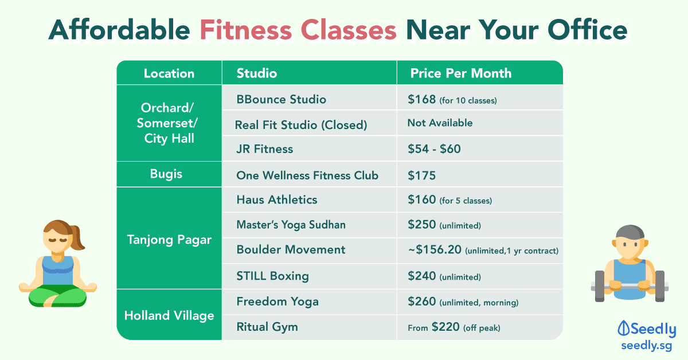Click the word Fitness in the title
245,30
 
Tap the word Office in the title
587,30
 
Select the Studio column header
257,73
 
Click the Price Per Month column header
461,73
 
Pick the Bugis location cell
166,174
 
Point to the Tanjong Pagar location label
169,240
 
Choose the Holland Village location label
169,316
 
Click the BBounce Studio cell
281,99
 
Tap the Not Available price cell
440,123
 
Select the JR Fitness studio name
264,149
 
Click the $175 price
422,175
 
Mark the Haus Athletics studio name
277,199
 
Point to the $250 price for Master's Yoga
422,225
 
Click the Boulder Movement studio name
291,249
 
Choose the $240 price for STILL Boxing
422,276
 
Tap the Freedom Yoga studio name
277,302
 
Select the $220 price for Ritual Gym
445,327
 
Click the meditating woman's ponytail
78,238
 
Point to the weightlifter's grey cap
630,232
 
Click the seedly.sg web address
647,346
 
